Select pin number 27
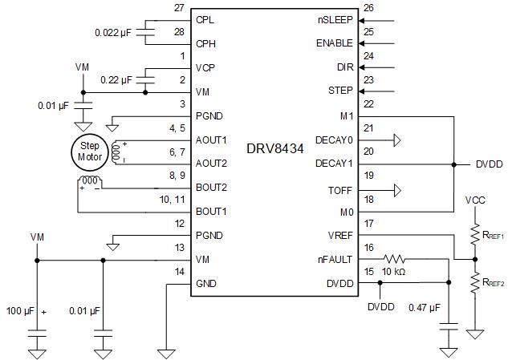(179, 7)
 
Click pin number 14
(179, 272)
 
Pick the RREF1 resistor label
(492, 236)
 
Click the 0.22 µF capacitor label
(116, 80)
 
